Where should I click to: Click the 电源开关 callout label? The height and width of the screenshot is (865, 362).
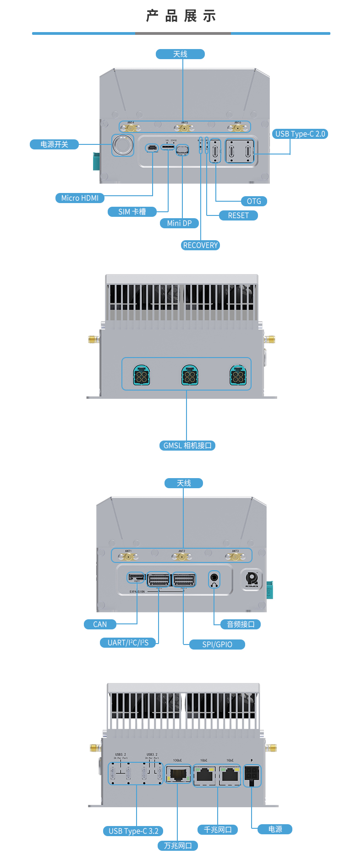(54, 144)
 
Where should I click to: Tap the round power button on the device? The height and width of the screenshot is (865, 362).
(123, 145)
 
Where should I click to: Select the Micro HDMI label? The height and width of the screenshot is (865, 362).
(80, 198)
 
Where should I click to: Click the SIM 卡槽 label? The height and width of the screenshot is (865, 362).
(132, 212)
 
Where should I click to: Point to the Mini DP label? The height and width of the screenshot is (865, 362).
(179, 223)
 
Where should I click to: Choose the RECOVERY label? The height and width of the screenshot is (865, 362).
(200, 245)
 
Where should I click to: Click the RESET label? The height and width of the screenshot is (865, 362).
(238, 215)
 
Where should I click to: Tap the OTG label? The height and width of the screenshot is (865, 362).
(254, 201)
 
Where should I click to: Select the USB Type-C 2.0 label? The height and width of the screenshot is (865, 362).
(300, 134)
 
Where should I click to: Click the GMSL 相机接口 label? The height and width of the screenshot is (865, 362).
(187, 446)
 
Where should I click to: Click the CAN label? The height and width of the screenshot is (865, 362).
(100, 624)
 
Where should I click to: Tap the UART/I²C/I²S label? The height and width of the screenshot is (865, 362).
(128, 643)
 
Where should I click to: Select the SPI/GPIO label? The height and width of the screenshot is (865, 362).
(217, 645)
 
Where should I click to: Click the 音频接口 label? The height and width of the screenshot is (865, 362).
(241, 624)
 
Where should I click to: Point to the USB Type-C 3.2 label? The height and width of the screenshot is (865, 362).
(133, 831)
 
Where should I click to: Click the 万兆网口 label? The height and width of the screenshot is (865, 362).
(178, 846)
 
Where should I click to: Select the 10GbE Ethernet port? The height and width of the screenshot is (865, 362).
(178, 774)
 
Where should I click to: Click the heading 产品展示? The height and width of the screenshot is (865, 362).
(181, 17)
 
